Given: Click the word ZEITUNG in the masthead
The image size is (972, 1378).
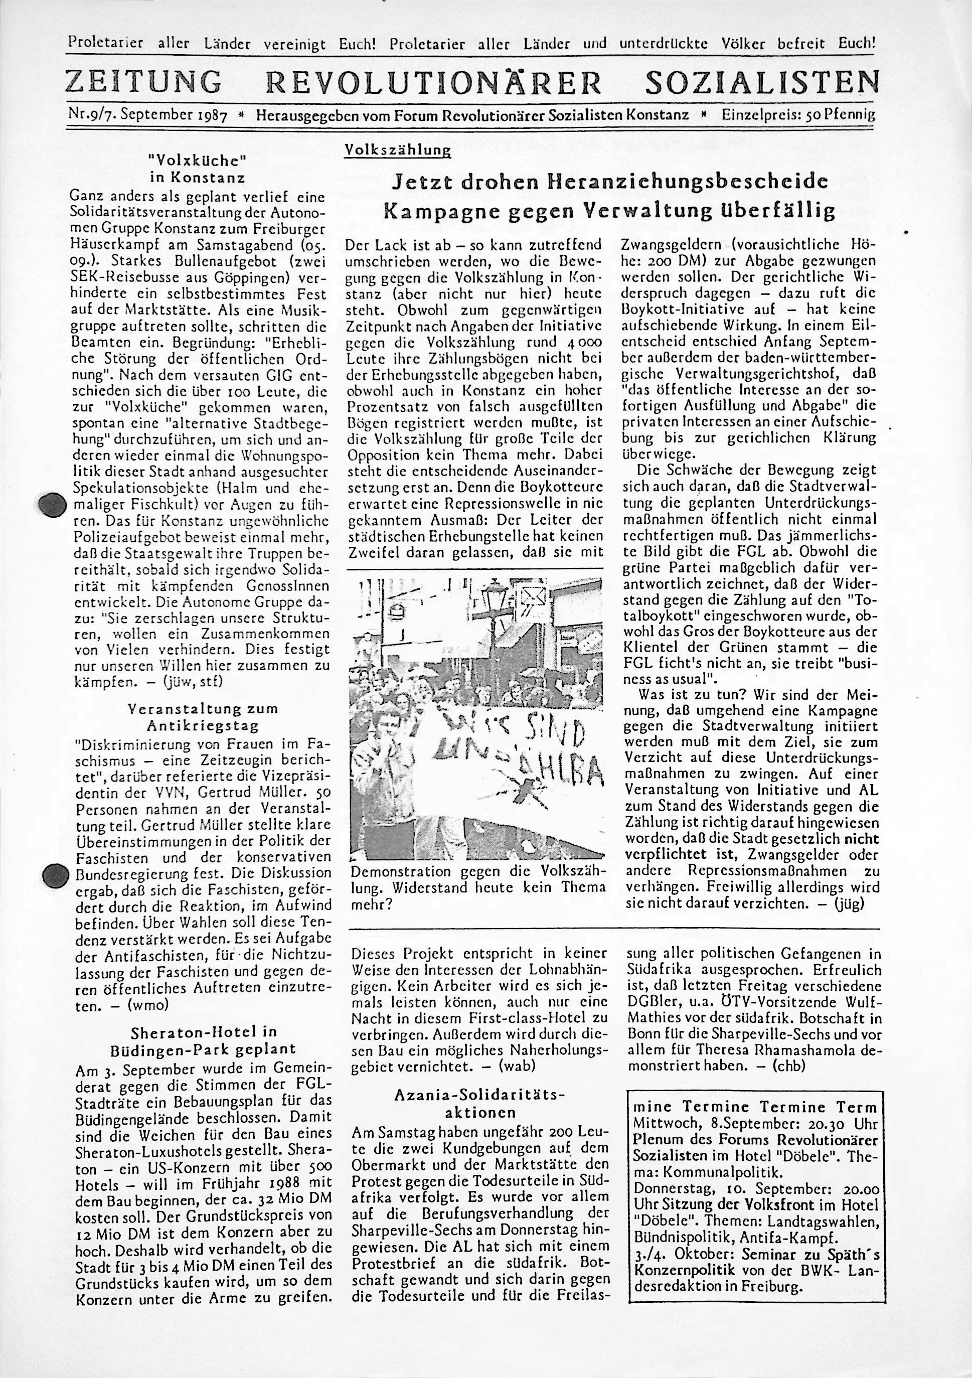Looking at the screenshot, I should click(x=143, y=82).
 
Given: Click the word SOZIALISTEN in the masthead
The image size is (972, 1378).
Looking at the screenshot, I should click(x=761, y=82).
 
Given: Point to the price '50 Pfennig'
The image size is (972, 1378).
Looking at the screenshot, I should click(x=840, y=114).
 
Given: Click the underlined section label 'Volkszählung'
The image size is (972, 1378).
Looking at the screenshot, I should click(x=397, y=151).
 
